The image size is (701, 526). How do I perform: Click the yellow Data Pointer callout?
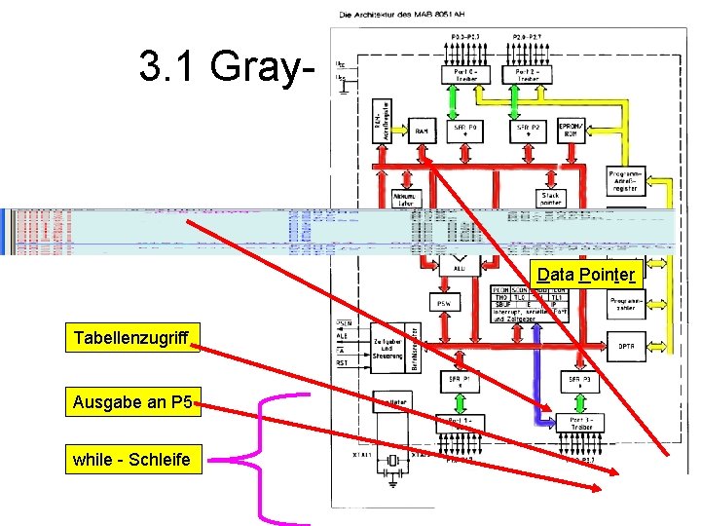pyautogui.click(x=587, y=275)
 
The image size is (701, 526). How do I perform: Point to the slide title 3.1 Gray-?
pyautogui.click(x=230, y=66)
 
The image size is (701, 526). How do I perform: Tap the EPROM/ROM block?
pyautogui.click(x=571, y=131)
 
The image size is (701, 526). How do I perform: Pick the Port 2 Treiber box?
pyautogui.click(x=528, y=74)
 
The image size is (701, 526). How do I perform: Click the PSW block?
pyautogui.click(x=443, y=303)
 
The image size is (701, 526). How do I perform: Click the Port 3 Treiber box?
pyautogui.click(x=582, y=423)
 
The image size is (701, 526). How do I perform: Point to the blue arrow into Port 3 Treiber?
pyautogui.click(x=535, y=390)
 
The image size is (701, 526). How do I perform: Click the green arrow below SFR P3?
pyautogui.click(x=582, y=401)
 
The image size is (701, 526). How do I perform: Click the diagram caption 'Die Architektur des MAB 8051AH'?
pyautogui.click(x=399, y=14)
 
